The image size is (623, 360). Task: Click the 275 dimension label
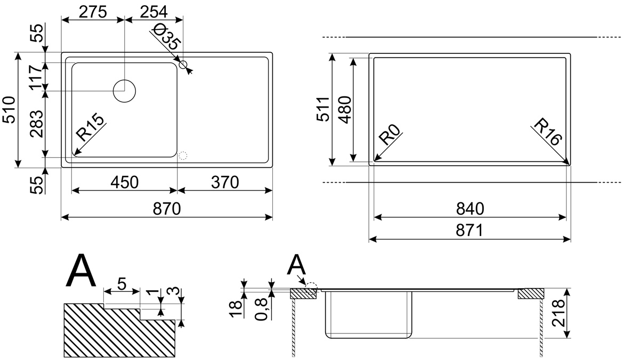tap(93, 12)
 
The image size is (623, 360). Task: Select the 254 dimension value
tap(154, 12)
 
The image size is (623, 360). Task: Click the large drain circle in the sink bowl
tap(124, 91)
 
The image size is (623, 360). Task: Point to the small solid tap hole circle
tap(183, 64)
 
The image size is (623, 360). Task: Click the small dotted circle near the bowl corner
tap(182, 156)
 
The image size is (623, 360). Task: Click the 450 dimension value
tap(124, 183)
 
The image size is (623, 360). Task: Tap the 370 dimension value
tap(225, 183)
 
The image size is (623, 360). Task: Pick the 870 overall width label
tap(167, 209)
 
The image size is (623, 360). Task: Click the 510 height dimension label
tap(9, 110)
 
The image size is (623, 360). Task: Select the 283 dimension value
tap(37, 124)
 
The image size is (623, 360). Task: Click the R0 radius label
tap(390, 134)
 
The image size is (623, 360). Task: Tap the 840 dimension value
tap(470, 209)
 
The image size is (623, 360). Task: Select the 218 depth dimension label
tap(557, 313)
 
